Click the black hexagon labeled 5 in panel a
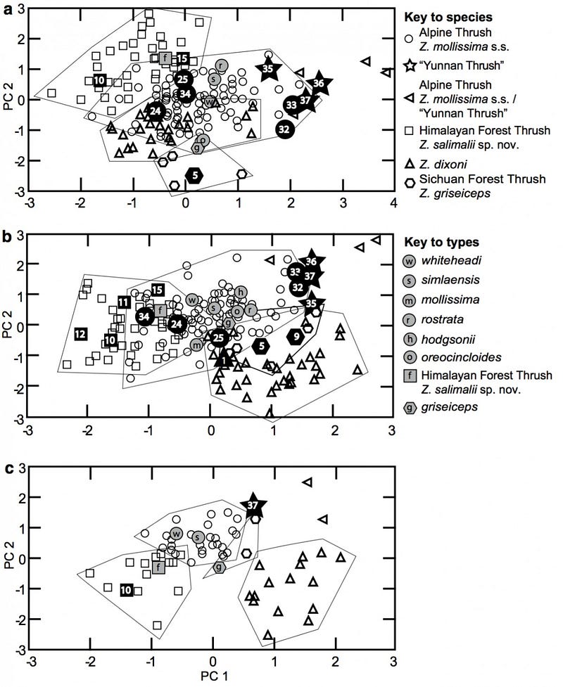[x=195, y=175]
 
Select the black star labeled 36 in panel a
[x=319, y=84]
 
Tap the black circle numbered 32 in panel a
[x=284, y=129]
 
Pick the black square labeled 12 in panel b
[x=80, y=334]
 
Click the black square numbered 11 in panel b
[x=124, y=302]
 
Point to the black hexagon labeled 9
[x=297, y=337]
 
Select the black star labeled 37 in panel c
[x=253, y=506]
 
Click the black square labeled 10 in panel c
[x=126, y=590]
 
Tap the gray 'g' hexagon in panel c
[x=220, y=567]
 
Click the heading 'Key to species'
[x=448, y=17]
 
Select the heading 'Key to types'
[x=441, y=242]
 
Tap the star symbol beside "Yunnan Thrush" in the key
[x=410, y=65]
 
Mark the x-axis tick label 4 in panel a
[x=394, y=203]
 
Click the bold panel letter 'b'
[x=7, y=237]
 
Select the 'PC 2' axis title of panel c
[x=10, y=555]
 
